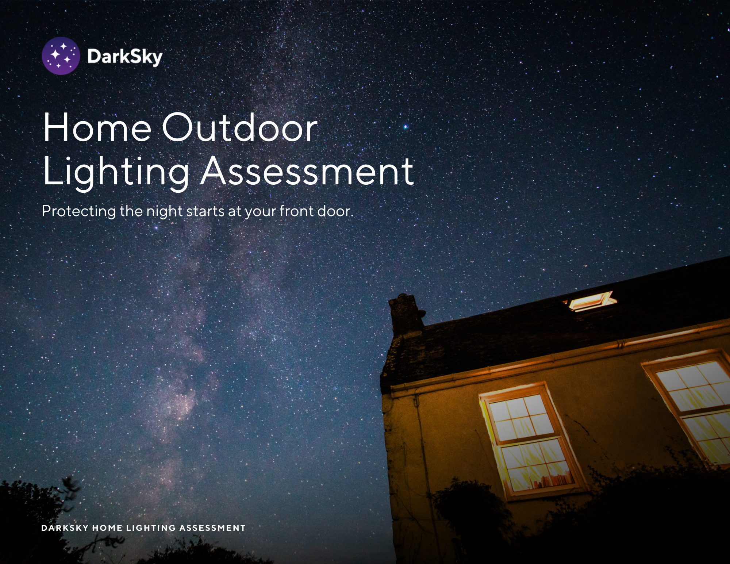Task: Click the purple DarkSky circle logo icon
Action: coord(61,56)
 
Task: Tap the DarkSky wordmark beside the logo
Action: coord(125,57)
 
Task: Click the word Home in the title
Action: coord(97,127)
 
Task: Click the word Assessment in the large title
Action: coord(307,171)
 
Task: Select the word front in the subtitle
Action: coord(296,211)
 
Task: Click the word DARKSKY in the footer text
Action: coord(65,528)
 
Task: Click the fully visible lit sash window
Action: coord(529,442)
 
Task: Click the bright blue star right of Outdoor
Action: coord(405,127)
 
